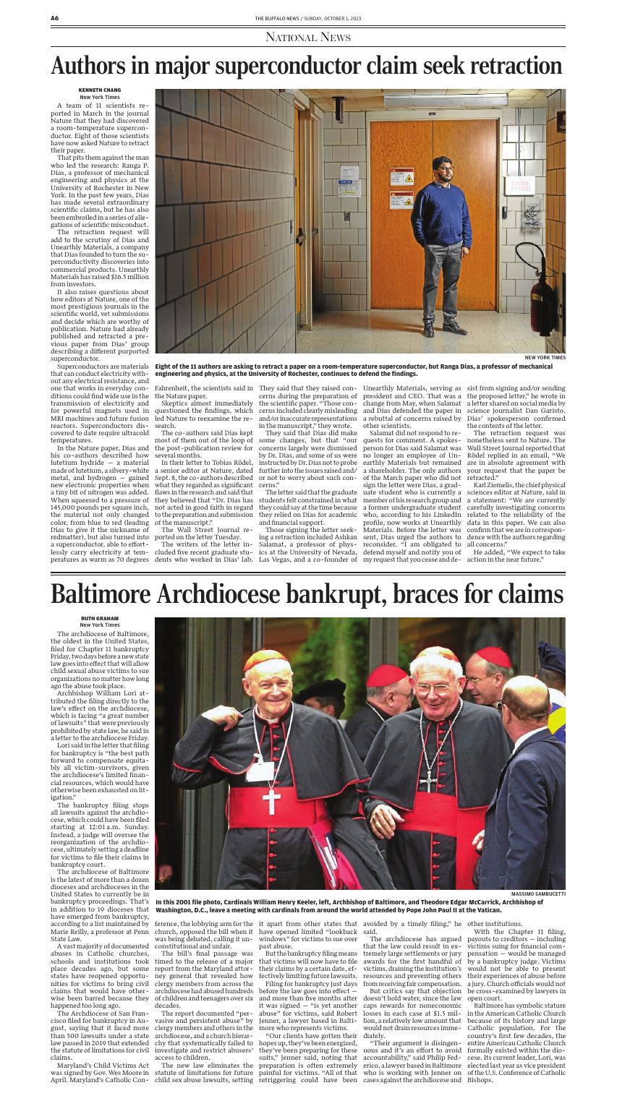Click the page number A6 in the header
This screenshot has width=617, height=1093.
(x=54, y=17)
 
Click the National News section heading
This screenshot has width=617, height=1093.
(x=308, y=37)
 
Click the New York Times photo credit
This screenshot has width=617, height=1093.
(x=545, y=357)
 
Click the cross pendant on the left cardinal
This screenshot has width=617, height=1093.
(x=272, y=800)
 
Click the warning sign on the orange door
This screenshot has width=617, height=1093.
(x=403, y=176)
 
